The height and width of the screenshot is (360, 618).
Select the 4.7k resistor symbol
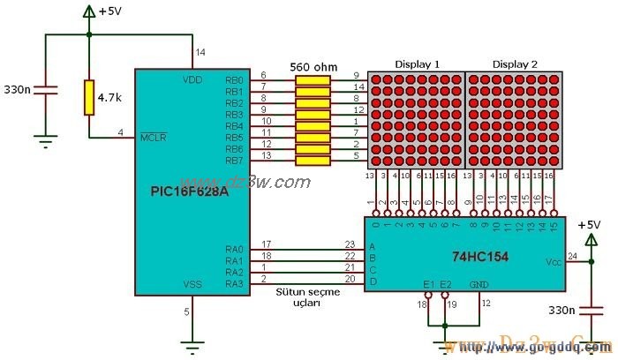89,97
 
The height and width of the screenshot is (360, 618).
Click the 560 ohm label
313,65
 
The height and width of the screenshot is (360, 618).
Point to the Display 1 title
417,64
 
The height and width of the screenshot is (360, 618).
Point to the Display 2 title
514,64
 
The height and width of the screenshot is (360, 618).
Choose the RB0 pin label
234,79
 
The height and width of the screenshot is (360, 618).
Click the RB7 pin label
234,160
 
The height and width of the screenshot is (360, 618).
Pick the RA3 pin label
234,283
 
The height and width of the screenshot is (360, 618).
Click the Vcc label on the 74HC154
553,263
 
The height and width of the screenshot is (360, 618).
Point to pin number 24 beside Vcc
572,257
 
